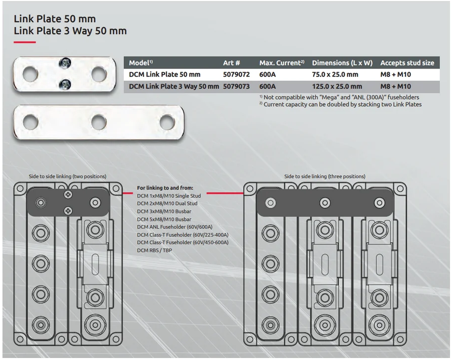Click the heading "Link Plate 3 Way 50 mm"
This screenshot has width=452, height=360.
(70, 31)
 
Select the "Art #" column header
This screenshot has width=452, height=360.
(231, 63)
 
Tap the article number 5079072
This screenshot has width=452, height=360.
(236, 75)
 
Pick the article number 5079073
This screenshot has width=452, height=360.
(236, 87)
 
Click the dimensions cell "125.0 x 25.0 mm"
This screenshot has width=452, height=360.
(337, 87)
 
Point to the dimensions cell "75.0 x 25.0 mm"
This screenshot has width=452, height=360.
(335, 75)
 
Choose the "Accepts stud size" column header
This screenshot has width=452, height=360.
(407, 63)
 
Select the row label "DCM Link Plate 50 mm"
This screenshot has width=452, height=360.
(165, 75)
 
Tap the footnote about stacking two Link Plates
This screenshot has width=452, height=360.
(340, 104)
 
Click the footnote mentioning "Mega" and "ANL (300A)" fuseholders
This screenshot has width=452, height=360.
(339, 97)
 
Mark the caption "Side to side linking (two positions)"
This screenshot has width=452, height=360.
(68, 177)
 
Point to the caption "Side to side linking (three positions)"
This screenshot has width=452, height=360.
(325, 177)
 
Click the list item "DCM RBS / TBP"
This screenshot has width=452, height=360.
(154, 250)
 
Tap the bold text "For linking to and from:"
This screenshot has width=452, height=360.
(165, 188)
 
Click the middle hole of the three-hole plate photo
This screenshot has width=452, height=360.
(98, 122)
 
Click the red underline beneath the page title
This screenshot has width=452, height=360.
(24, 42)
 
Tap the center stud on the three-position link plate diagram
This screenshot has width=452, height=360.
(325, 202)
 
